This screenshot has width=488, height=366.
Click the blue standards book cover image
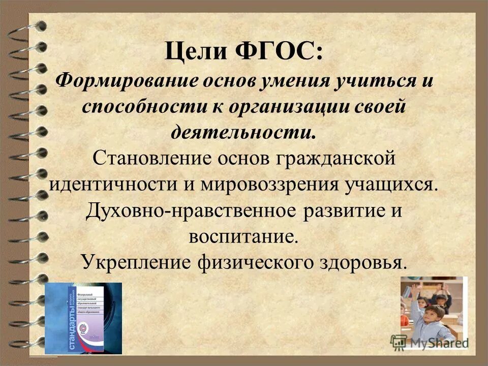click(x=83, y=318)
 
